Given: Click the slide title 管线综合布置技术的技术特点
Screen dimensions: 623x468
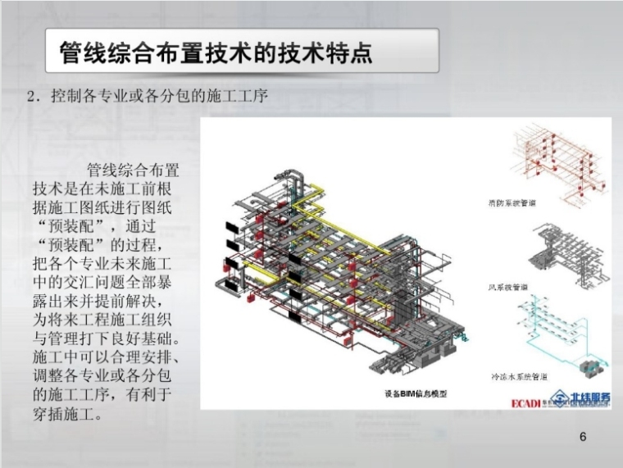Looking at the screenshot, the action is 216,52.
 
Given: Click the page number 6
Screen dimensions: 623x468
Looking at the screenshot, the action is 583,437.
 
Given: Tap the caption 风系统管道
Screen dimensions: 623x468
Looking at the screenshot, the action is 508,287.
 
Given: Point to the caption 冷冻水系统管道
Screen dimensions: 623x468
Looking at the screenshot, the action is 519,378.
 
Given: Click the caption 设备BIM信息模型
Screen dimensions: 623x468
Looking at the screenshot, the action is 416,393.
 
